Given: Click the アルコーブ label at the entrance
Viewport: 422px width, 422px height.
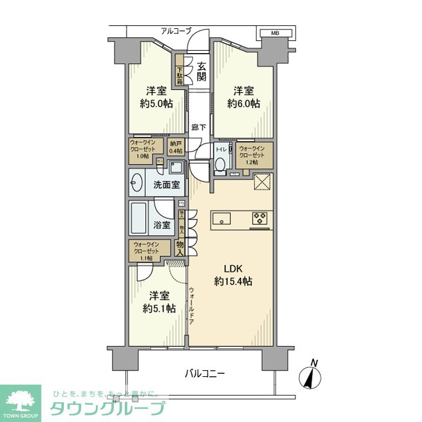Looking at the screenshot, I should (x=176, y=31).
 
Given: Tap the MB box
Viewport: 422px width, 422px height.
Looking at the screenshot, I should (x=274, y=33).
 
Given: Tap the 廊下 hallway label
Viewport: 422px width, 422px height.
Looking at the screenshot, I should (x=198, y=127).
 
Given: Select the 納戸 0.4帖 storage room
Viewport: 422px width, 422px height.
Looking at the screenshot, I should (x=175, y=146).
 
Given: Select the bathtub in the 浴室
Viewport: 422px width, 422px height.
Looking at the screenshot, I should (x=140, y=219).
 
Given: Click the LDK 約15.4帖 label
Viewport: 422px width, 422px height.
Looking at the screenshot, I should (x=233, y=275).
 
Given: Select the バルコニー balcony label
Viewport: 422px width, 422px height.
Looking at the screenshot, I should (x=204, y=374).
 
